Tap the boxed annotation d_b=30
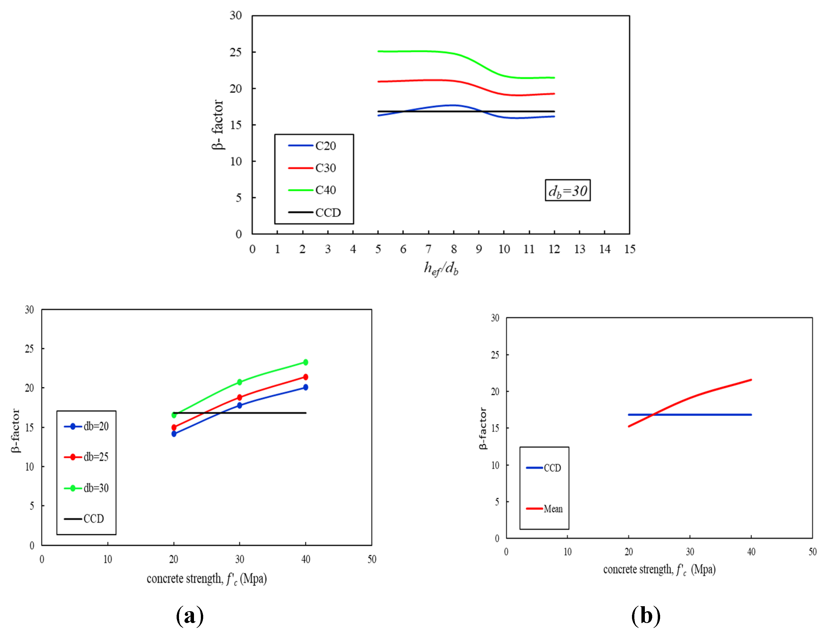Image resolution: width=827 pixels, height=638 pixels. (x=567, y=190)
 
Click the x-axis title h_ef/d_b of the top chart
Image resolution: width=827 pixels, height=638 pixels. (x=441, y=269)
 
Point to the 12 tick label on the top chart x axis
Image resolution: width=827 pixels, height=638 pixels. (x=554, y=249)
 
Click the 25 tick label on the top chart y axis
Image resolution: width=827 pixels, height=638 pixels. (x=236, y=52)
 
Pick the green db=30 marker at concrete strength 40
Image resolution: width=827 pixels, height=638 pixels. (x=306, y=362)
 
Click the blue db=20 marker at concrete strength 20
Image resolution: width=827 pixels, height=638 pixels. (x=174, y=434)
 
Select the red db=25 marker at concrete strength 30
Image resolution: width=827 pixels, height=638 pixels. (x=239, y=397)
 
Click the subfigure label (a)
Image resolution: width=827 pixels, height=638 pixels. (x=190, y=616)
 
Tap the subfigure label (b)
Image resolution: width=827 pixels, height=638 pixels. (x=646, y=616)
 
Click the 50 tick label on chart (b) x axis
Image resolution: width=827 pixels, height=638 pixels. (x=812, y=552)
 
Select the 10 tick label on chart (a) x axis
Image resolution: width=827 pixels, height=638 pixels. (x=108, y=559)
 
